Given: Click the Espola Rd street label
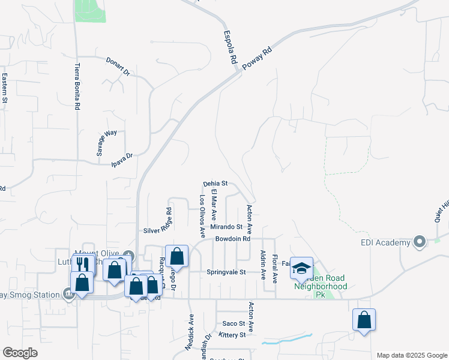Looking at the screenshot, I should (x=229, y=48).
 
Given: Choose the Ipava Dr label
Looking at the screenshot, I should (x=122, y=159).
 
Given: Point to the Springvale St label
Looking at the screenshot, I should (x=227, y=272).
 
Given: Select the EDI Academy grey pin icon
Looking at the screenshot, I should (x=420, y=242).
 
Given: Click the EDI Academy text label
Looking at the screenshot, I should (x=385, y=243).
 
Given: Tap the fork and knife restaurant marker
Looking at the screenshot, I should (x=83, y=263).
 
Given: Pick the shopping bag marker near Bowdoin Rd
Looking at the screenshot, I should (x=176, y=256).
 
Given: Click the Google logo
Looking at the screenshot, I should (x=20, y=353).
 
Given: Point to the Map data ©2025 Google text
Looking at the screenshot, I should (x=411, y=355).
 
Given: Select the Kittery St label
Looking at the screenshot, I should (x=233, y=334).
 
